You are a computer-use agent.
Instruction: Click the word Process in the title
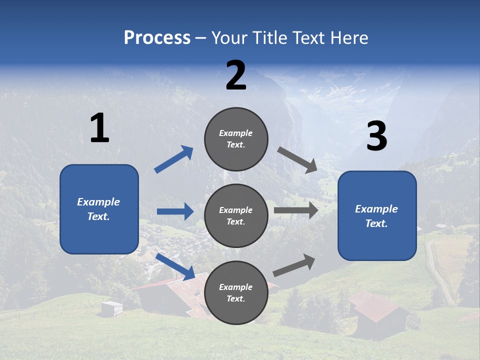pyautogui.click(x=157, y=38)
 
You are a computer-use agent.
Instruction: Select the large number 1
pyautogui.click(x=99, y=128)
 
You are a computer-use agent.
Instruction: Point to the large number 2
pyautogui.click(x=236, y=75)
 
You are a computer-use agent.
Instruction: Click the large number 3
pyautogui.click(x=376, y=136)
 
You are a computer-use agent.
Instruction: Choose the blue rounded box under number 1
pyautogui.click(x=99, y=209)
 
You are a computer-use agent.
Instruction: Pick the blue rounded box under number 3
pyautogui.click(x=377, y=215)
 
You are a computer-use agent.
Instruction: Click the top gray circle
pyautogui.click(x=236, y=139)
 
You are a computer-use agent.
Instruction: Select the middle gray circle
pyautogui.click(x=236, y=215)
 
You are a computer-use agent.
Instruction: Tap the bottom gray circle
pyautogui.click(x=236, y=292)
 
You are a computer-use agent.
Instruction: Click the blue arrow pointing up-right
pyautogui.click(x=173, y=159)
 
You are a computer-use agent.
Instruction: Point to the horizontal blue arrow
pyautogui.click(x=175, y=211)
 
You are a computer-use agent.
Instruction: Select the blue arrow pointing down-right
pyautogui.click(x=175, y=266)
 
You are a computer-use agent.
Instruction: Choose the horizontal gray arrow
pyautogui.click(x=296, y=210)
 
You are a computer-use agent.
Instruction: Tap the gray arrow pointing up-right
pyautogui.click(x=294, y=265)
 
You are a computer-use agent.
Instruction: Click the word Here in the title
pyautogui.click(x=349, y=38)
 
